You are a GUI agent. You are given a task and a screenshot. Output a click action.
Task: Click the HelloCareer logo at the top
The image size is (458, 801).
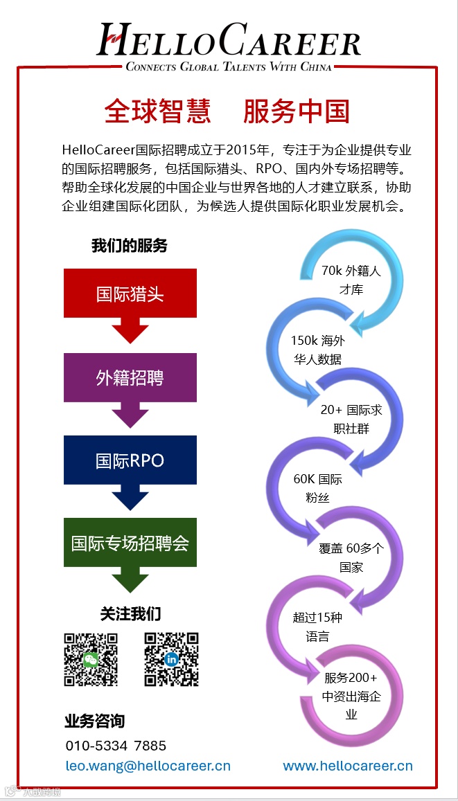click(x=229, y=46)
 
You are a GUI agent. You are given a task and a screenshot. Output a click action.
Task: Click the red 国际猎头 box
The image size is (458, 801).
click(x=130, y=293)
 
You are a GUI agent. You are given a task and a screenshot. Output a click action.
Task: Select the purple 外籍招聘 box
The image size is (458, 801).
click(x=130, y=377)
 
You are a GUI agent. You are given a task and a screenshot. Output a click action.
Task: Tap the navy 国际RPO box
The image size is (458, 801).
click(x=130, y=460)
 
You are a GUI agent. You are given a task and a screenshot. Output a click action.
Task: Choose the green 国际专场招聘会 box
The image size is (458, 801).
click(x=130, y=543)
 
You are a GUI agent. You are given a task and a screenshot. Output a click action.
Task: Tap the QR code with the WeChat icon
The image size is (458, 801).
click(x=91, y=660)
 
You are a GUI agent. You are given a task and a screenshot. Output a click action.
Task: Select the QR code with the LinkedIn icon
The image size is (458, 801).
click(x=171, y=660)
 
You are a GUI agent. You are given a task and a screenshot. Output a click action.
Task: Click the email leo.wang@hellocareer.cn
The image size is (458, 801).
click(x=148, y=766)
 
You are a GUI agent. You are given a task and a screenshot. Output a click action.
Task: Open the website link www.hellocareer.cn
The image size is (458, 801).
click(x=348, y=766)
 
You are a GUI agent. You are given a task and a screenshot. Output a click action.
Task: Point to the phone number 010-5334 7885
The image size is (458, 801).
click(x=116, y=746)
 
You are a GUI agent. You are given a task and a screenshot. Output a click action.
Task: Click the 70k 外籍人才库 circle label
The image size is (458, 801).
click(x=351, y=280)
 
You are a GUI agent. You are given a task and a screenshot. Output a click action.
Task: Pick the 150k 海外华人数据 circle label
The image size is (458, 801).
click(x=317, y=350)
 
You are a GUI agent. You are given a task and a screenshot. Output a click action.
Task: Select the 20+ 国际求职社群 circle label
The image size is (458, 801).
click(x=351, y=419)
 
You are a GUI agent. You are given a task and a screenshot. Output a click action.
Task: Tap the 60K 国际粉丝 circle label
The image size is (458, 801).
click(x=317, y=488)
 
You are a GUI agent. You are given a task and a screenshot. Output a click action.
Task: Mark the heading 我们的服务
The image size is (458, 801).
click(x=130, y=246)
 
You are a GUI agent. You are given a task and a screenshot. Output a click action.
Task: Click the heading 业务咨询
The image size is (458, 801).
click(x=95, y=721)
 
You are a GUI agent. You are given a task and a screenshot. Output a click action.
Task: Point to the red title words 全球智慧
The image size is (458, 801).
click(x=157, y=111)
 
